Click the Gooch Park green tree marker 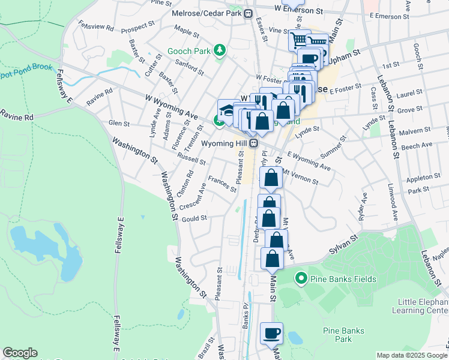[x=220, y=51]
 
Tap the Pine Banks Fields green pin [x=301, y=278]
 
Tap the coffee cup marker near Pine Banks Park [x=271, y=333]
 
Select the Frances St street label [x=222, y=184]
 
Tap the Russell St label [x=190, y=160]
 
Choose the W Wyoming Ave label [x=171, y=106]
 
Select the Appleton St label [x=423, y=178]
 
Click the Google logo [x=20, y=353]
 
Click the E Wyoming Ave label [x=309, y=161]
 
